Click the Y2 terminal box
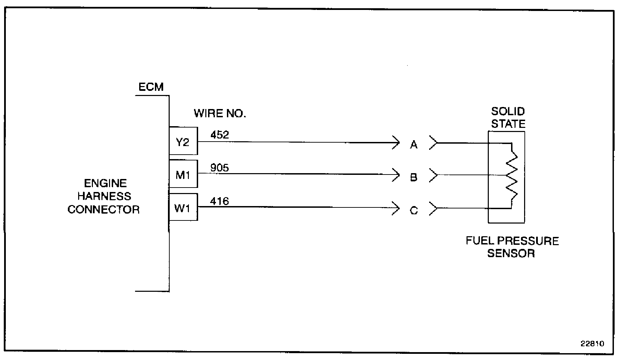pyautogui.click(x=183, y=141)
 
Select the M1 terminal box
pyautogui.click(x=183, y=174)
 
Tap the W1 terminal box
pyautogui.click(x=183, y=207)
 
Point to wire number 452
pyautogui.click(x=219, y=135)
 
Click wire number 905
pyautogui.click(x=219, y=168)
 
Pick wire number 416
pyautogui.click(x=219, y=201)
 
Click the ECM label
pyautogui.click(x=151, y=87)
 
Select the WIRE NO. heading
pyautogui.click(x=220, y=113)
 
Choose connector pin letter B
pyautogui.click(x=414, y=178)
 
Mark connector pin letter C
pyautogui.click(x=414, y=211)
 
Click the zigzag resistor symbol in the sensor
pyautogui.click(x=512, y=176)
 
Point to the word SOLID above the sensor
pyautogui.click(x=508, y=111)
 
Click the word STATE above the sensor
pyautogui.click(x=508, y=124)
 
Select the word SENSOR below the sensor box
pyautogui.click(x=511, y=253)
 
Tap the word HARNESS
pyautogui.click(x=104, y=196)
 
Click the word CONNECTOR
pyautogui.click(x=104, y=209)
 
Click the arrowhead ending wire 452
pyautogui.click(x=397, y=142)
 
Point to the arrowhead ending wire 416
pyautogui.click(x=397, y=208)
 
